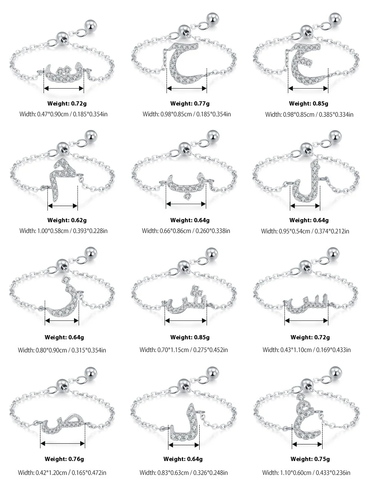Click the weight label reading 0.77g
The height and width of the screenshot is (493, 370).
point(190,103)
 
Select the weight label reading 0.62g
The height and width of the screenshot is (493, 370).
point(67,220)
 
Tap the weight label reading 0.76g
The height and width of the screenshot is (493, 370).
point(64,459)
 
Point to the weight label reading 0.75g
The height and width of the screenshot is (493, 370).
point(310,459)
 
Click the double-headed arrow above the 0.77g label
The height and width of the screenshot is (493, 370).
point(187,89)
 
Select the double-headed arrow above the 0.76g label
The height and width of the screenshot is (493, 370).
point(62,444)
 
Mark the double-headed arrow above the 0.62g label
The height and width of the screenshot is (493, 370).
point(62,206)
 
